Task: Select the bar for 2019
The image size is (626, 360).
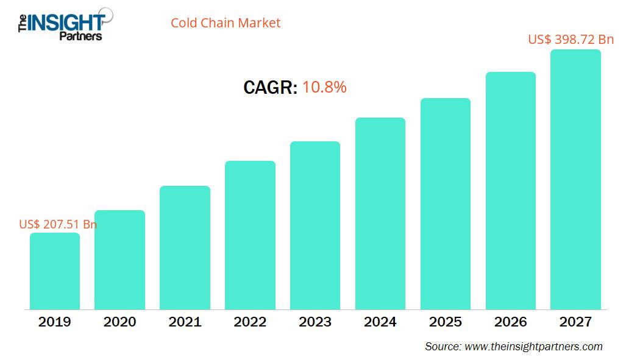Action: click(55, 271)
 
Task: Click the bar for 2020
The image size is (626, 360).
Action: click(119, 260)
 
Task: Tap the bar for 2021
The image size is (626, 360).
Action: click(185, 248)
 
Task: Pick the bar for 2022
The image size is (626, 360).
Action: click(250, 235)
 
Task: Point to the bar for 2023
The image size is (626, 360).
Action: click(315, 225)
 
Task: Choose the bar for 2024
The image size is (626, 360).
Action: click(380, 213)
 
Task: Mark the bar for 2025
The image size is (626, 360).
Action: click(445, 203)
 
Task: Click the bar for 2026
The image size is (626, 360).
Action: click(510, 191)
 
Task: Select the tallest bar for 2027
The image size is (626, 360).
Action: click(575, 180)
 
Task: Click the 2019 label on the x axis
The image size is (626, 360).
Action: click(55, 322)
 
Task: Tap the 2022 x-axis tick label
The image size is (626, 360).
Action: click(250, 322)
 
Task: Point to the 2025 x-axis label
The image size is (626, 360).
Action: click(445, 322)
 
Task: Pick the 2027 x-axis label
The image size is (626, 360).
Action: click(575, 322)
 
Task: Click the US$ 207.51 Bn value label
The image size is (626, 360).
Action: click(58, 224)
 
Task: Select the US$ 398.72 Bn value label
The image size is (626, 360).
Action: click(571, 40)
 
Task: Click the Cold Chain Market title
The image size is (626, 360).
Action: click(226, 23)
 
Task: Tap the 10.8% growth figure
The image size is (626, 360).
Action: click(324, 87)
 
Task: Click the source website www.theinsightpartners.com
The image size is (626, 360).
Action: click(533, 347)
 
